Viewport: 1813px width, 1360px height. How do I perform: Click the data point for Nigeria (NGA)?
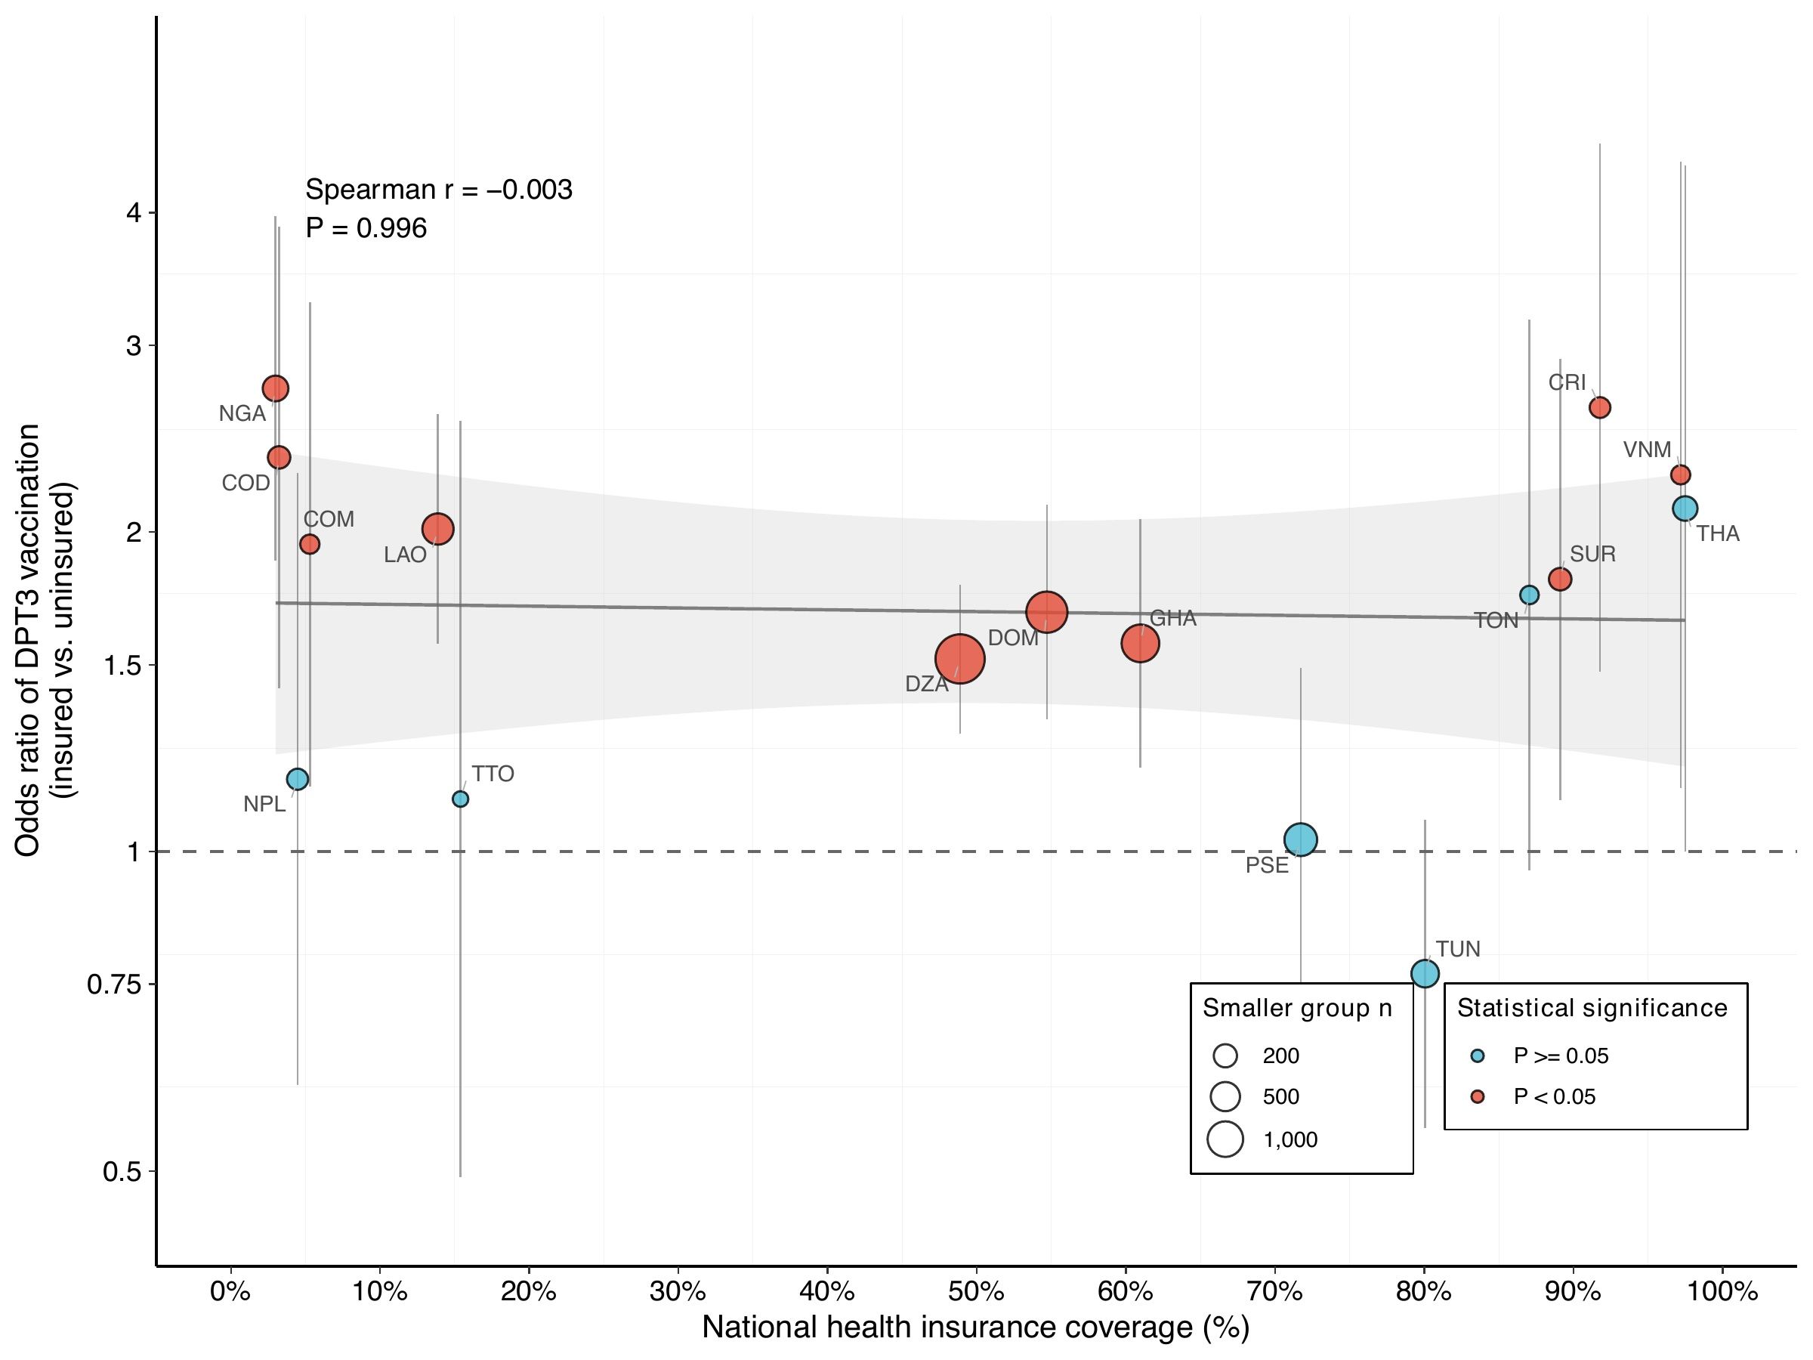(x=276, y=388)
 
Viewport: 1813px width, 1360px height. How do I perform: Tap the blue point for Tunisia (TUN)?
(x=1425, y=973)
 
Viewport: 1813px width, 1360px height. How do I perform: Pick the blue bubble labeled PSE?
(x=1301, y=839)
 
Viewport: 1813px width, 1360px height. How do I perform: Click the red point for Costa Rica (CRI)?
(x=1600, y=407)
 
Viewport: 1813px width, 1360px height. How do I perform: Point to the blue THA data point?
(x=1685, y=508)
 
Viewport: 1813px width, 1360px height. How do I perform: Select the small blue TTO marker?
(x=461, y=799)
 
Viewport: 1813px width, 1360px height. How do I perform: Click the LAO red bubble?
(x=437, y=529)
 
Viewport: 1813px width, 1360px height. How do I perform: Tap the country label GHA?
(x=1173, y=618)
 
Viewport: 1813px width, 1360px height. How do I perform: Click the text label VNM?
(x=1647, y=450)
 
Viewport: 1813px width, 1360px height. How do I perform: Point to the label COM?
(x=329, y=519)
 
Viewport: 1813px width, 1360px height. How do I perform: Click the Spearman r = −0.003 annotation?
(x=438, y=190)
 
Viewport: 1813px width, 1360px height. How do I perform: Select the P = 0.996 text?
(x=366, y=228)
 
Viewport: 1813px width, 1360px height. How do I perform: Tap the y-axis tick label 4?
(x=134, y=213)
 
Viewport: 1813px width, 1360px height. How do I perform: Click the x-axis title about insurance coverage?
(x=975, y=1329)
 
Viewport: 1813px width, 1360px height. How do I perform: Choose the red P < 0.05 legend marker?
(x=1477, y=1097)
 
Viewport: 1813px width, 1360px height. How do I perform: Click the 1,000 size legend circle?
(x=1225, y=1139)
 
